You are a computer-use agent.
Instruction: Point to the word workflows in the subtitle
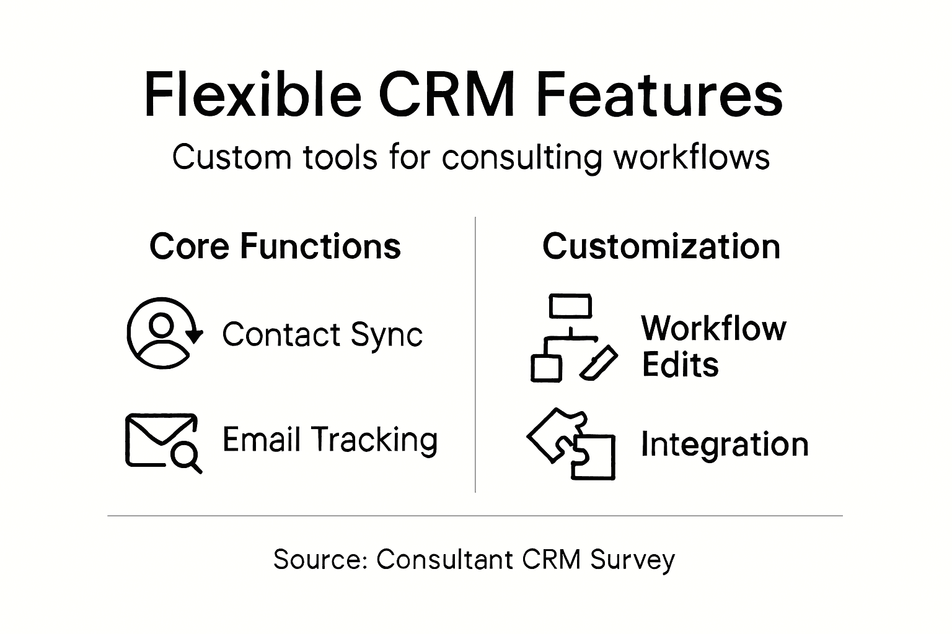(692, 157)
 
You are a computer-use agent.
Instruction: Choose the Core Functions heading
(275, 246)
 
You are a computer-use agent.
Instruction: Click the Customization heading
(661, 246)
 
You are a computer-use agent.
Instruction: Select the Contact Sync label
(322, 335)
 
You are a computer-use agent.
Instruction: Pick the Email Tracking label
(330, 440)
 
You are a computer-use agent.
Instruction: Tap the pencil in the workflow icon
(599, 362)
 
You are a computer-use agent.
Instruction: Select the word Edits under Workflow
(680, 365)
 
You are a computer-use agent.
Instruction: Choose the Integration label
(725, 445)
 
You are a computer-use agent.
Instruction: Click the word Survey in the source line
(632, 560)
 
